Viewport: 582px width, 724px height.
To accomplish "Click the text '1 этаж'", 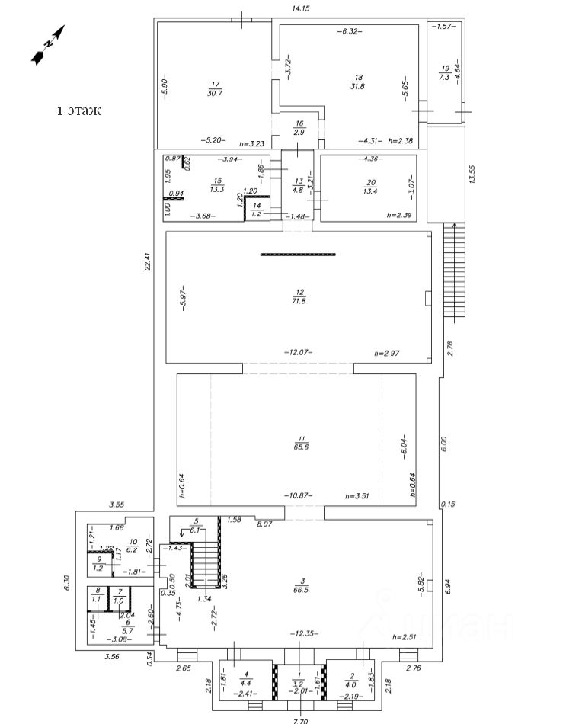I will pyautogui.click(x=79, y=111).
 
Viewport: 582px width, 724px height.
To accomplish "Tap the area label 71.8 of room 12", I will pyautogui.click(x=299, y=302).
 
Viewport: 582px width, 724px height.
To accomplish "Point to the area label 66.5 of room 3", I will pyautogui.click(x=299, y=589).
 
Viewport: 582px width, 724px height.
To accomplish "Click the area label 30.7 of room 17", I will pyautogui.click(x=216, y=93).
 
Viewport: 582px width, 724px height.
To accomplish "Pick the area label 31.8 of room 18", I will pyautogui.click(x=357, y=85).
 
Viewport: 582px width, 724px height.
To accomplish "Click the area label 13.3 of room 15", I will pyautogui.click(x=216, y=190).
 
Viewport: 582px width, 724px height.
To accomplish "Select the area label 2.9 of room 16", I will pyautogui.click(x=299, y=133).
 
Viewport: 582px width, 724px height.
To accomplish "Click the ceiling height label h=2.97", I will pyautogui.click(x=386, y=354).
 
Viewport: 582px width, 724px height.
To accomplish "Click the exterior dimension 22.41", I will pyautogui.click(x=149, y=261).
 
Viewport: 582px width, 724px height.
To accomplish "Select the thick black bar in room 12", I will pyautogui.click(x=298, y=255).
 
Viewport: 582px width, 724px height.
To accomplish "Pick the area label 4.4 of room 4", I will pyautogui.click(x=246, y=683).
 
